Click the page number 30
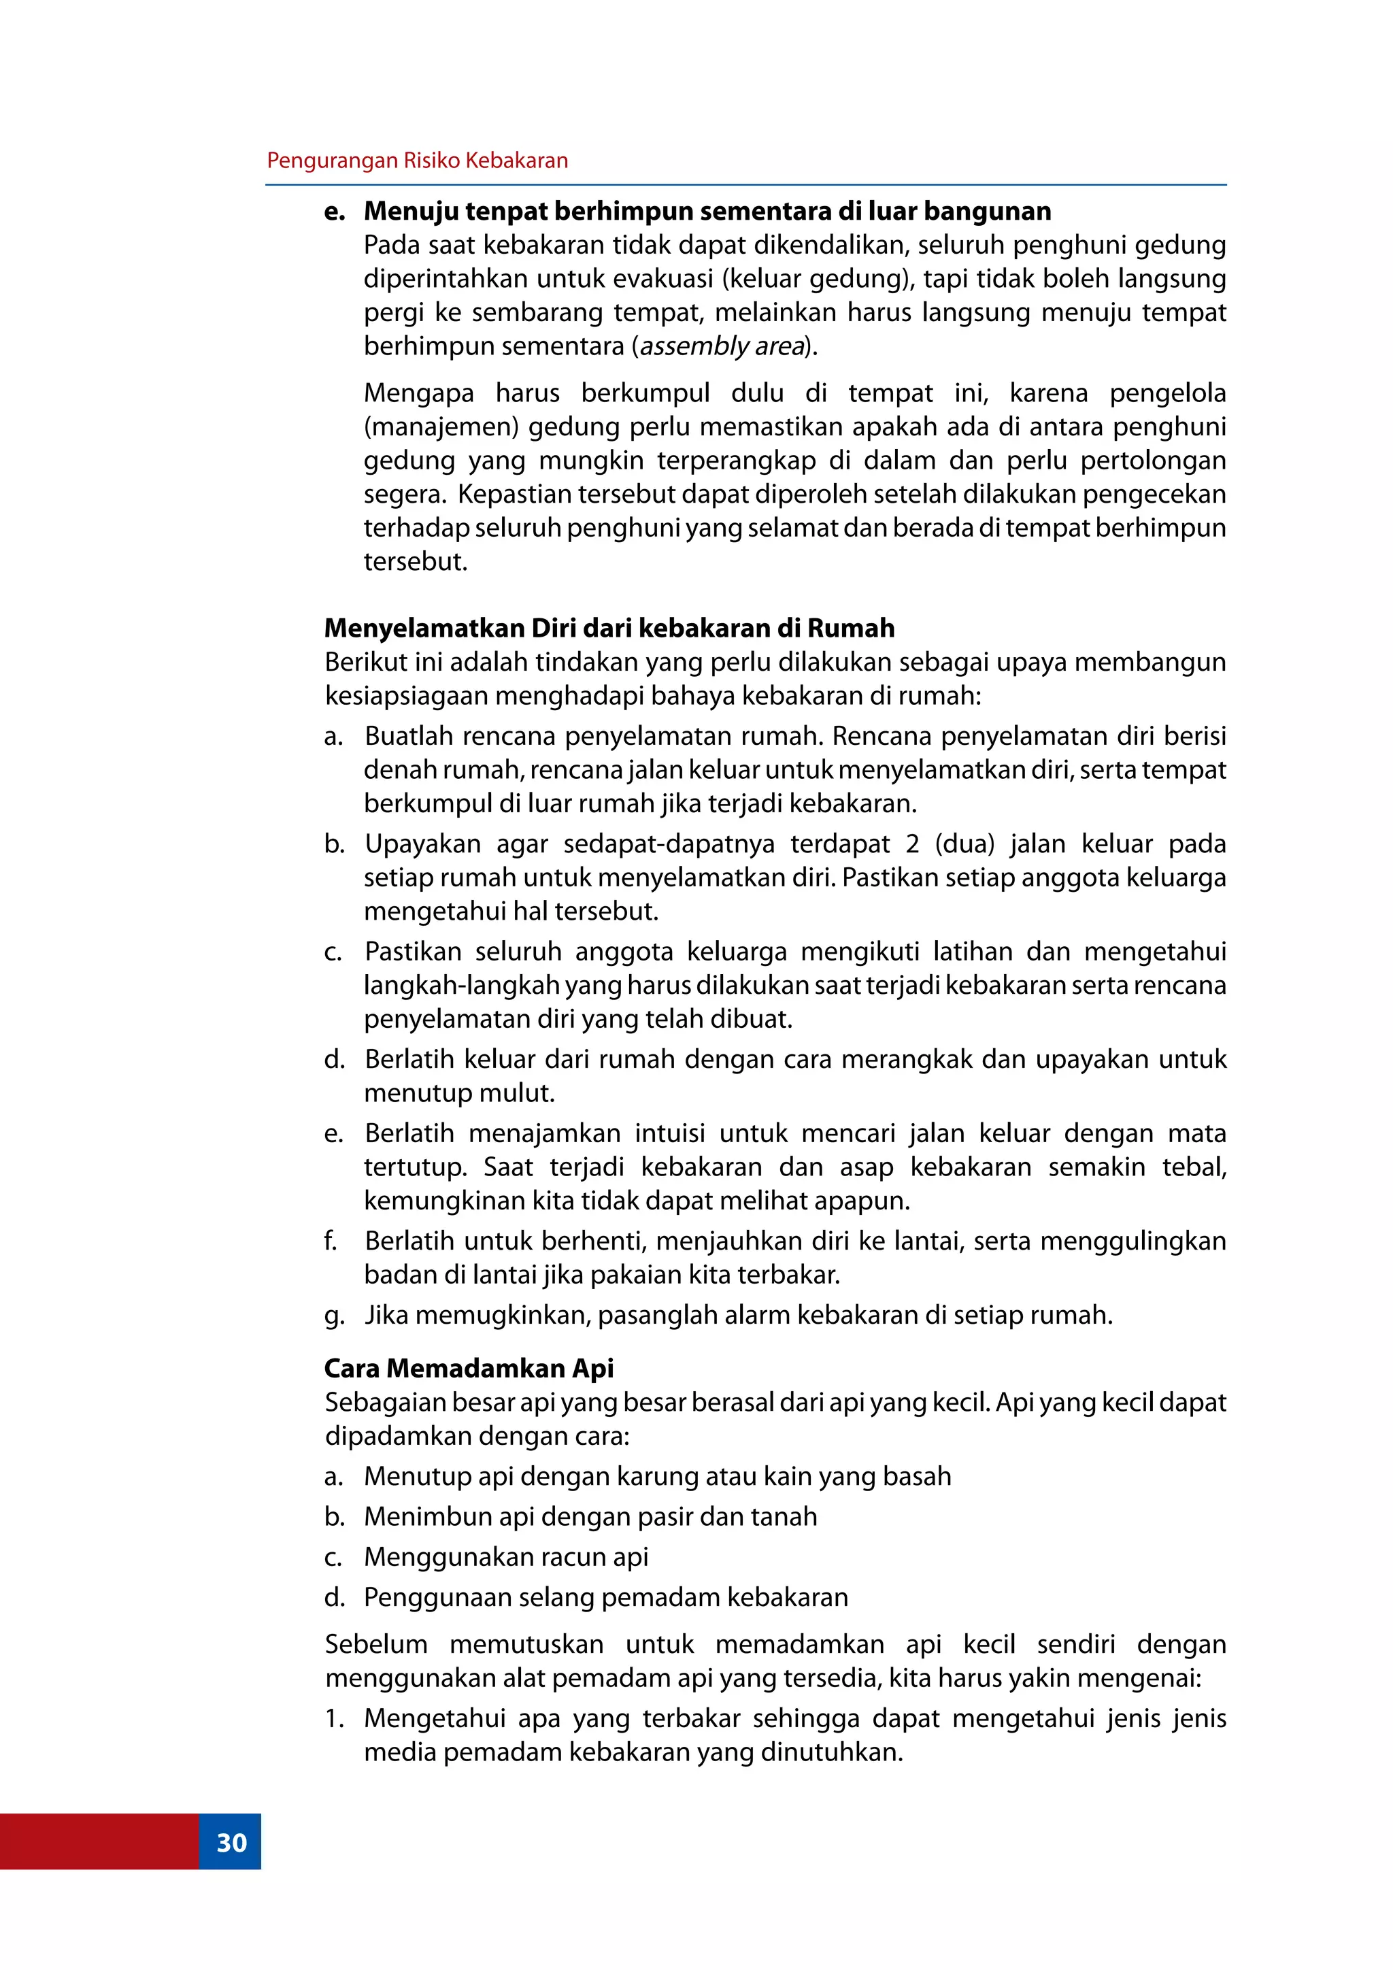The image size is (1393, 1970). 231,1842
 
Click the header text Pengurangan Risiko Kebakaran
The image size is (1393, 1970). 417,161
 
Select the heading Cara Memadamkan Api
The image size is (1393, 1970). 469,1368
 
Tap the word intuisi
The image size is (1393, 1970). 670,1133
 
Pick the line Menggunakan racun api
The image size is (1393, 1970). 506,1556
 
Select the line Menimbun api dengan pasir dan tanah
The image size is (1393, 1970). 590,1516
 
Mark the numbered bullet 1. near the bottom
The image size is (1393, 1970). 335,1718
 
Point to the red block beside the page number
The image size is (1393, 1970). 99,1842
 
